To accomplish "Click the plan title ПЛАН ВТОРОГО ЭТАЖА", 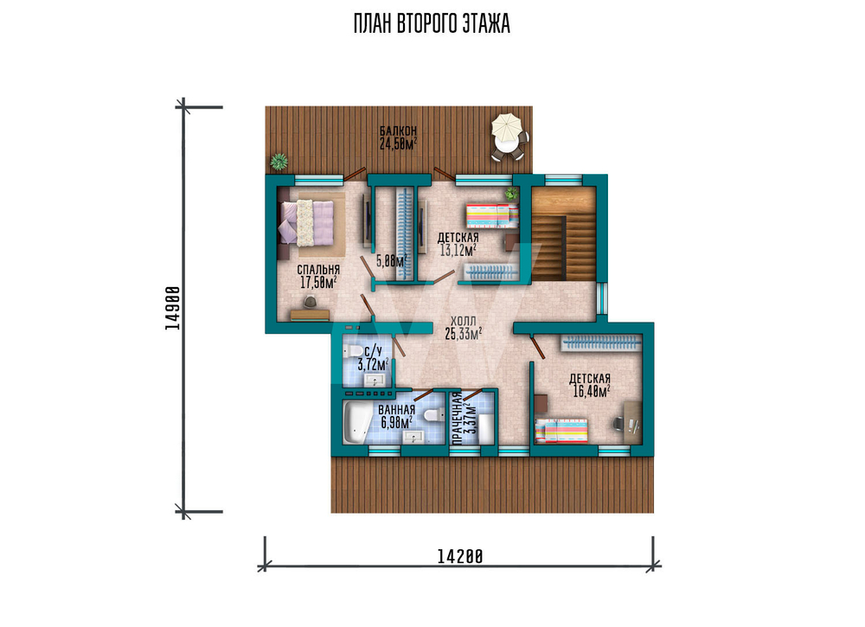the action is (x=432, y=24).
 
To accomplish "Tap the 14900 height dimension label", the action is (x=173, y=308).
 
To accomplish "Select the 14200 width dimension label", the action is (x=460, y=557).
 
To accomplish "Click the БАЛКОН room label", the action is (x=398, y=131).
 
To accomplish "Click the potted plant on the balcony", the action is (x=279, y=162).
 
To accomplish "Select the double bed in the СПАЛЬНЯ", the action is (x=307, y=222).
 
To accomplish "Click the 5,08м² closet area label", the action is (x=392, y=261).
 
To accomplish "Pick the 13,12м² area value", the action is (x=458, y=251).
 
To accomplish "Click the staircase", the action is (x=563, y=234).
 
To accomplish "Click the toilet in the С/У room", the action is (x=351, y=352).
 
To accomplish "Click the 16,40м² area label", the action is (x=590, y=392).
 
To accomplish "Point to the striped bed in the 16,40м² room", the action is (x=561, y=431).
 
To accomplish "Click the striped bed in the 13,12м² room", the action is (x=492, y=215).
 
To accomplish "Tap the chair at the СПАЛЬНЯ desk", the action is (x=311, y=301).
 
